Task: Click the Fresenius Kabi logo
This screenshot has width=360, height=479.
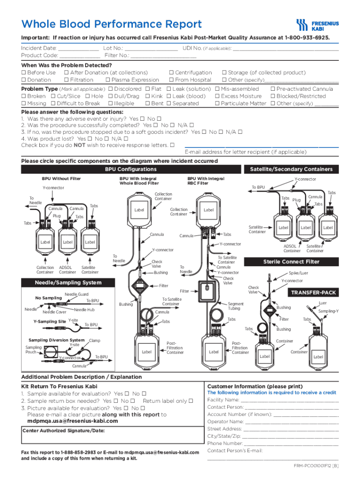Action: [317, 25]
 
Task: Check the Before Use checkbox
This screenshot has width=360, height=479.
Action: [23, 73]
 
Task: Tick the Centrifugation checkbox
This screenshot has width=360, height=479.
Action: [171, 73]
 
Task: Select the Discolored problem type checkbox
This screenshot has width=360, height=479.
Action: [110, 89]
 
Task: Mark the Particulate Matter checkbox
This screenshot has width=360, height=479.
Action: [217, 103]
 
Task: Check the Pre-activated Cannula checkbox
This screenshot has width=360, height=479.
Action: [273, 89]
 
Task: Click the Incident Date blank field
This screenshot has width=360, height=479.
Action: [78, 48]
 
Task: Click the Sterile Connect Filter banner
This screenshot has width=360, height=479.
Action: [291, 262]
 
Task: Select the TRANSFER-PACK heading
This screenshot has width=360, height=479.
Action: [313, 292]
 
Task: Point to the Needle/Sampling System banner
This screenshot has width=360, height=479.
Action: [68, 283]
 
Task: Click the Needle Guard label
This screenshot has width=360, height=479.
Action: [77, 294]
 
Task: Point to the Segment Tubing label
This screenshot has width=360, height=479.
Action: [234, 306]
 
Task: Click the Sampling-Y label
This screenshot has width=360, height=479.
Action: [329, 311]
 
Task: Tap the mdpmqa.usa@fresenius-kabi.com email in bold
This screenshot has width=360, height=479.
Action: [72, 421]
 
